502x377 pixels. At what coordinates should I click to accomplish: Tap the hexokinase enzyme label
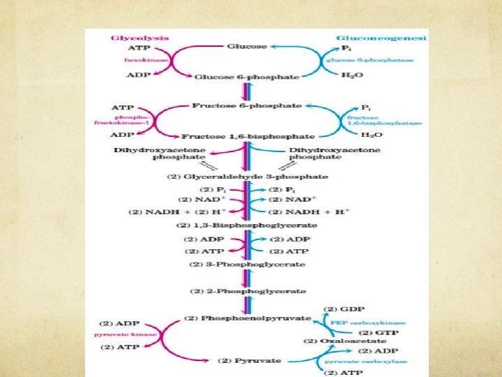click(132, 61)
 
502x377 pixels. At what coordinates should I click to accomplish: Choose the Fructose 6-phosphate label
click(246, 106)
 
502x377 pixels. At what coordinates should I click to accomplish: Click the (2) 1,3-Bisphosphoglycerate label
click(246, 226)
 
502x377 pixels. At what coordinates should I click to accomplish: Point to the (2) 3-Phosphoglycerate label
click(247, 265)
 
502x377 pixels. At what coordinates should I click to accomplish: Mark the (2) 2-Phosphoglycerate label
click(247, 290)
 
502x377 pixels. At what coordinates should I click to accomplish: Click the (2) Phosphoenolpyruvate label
click(248, 318)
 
